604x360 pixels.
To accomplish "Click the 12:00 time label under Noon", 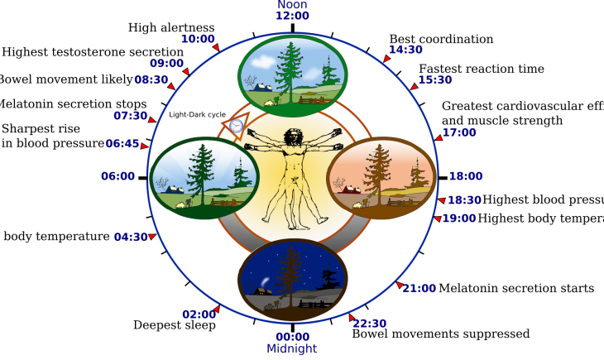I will (292, 16).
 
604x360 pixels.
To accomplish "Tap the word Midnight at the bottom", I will (291, 349).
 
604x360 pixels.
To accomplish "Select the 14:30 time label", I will (405, 50).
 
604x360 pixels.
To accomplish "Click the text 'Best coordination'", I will (441, 39).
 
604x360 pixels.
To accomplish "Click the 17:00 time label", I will (459, 132).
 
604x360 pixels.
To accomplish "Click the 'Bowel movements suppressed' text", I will (441, 334).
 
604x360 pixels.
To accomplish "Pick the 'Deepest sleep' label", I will (175, 325).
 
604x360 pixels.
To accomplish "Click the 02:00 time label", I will (199, 314).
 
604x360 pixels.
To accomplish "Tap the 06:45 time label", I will (122, 144).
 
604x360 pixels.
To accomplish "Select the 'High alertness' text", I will (171, 28).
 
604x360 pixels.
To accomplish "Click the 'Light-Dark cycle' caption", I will (197, 115).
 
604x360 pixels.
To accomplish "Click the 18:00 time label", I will (465, 176).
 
